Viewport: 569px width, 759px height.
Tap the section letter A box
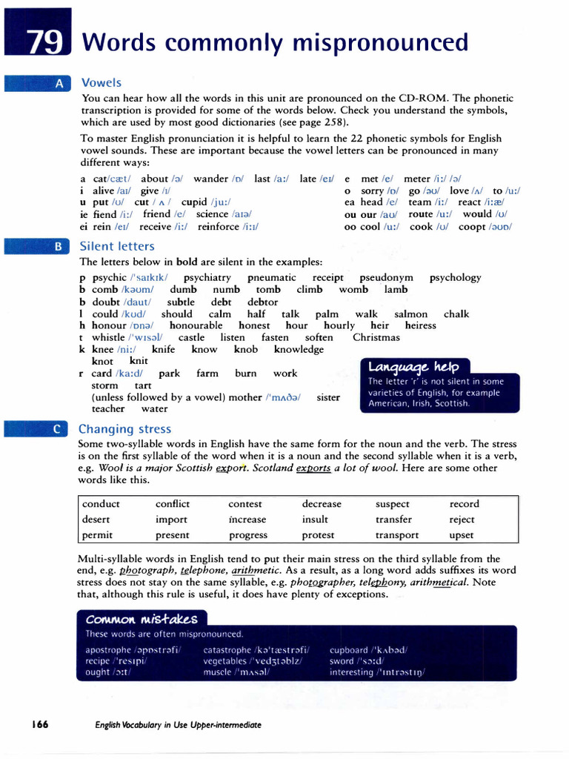59,83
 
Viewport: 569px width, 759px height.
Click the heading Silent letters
117,246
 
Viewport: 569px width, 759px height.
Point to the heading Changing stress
124,429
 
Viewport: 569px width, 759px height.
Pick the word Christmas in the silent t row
376,337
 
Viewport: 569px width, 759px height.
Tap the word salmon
410,314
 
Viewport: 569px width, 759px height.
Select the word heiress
421,325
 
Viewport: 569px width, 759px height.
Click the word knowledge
299,349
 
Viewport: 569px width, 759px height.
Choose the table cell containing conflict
173,504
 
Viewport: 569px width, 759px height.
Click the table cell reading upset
462,535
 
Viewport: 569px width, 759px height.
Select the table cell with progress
248,535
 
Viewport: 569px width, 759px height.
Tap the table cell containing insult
315,520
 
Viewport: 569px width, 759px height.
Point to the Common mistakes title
142,619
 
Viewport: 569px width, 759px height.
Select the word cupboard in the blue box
350,649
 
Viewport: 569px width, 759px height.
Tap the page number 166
39,724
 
